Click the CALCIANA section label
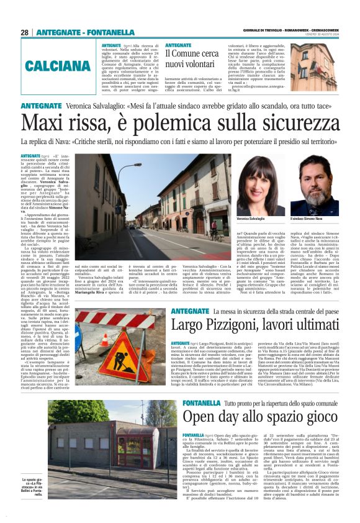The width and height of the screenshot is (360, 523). pyautogui.click(x=47, y=65)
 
